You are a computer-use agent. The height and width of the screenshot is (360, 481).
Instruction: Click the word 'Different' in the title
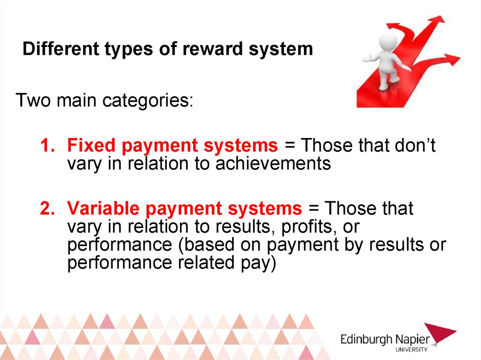[x=61, y=48]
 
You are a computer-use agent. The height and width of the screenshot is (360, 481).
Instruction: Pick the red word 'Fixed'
[x=91, y=145]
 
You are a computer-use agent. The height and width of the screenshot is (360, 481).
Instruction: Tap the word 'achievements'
[x=273, y=163]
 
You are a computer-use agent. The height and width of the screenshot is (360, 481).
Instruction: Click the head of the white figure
[x=388, y=40]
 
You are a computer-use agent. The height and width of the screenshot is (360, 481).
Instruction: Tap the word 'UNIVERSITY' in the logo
[x=411, y=349]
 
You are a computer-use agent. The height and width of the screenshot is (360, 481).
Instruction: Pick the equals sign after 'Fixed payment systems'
[x=290, y=146]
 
